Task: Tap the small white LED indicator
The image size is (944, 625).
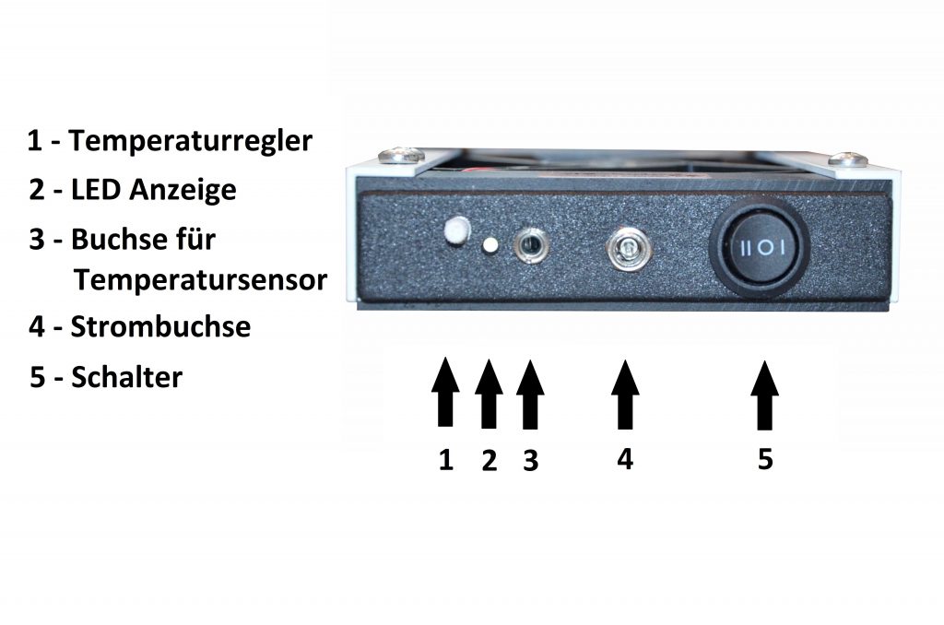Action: click(490, 245)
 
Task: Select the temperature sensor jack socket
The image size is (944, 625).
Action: click(530, 245)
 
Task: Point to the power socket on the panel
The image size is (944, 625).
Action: click(624, 250)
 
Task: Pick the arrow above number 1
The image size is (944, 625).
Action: click(445, 392)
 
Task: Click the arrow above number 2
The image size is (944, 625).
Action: click(489, 394)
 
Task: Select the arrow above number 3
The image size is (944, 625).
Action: click(530, 395)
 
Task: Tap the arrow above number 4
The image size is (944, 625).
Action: click(625, 395)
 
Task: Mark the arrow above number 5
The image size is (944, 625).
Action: click(764, 395)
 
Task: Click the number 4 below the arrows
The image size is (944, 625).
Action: click(625, 459)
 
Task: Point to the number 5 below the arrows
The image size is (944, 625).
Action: click(765, 459)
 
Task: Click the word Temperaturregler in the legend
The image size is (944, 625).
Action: click(191, 142)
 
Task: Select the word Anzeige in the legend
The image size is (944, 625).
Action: click(183, 190)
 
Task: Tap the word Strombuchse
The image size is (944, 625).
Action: click(160, 327)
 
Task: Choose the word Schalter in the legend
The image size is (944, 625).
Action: click(127, 378)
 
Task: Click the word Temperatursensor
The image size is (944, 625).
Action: click(200, 280)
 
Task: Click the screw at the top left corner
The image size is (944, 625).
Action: click(401, 156)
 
